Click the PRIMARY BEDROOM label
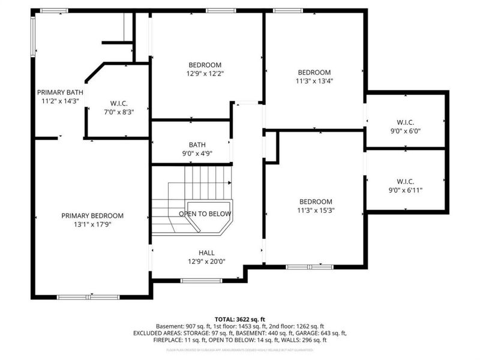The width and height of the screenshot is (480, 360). [92, 216]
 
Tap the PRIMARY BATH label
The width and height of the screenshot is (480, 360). [60, 92]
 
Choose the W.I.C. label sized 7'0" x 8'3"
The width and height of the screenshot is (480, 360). [119, 103]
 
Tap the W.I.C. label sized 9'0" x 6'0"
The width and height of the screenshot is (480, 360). [406, 122]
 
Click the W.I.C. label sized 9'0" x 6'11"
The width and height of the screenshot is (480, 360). [406, 181]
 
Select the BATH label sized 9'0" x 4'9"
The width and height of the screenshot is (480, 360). [197, 145]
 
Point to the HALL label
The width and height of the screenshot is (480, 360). [206, 253]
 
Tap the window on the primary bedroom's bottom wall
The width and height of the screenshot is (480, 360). [88, 297]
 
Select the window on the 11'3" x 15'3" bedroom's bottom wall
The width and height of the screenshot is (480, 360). [310, 266]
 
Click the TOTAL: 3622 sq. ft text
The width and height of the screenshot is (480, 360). [239, 319]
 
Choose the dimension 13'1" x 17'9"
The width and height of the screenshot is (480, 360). [92, 225]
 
